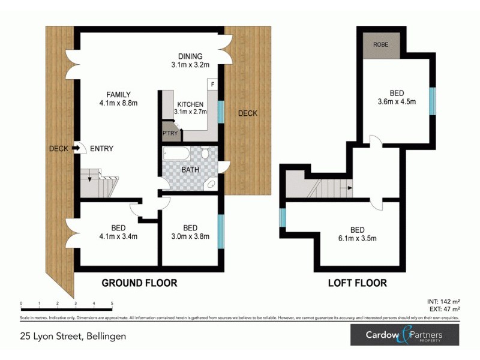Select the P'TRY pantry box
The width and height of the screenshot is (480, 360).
click(170, 133)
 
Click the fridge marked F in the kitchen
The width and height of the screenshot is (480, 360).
click(212, 85)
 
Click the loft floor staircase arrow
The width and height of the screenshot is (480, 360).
click(346, 187)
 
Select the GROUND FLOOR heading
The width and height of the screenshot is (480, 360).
click(139, 283)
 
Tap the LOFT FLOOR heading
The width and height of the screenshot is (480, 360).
click(357, 283)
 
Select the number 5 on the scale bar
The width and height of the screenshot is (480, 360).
click(112, 304)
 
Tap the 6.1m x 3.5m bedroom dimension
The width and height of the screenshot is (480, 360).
click(357, 239)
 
